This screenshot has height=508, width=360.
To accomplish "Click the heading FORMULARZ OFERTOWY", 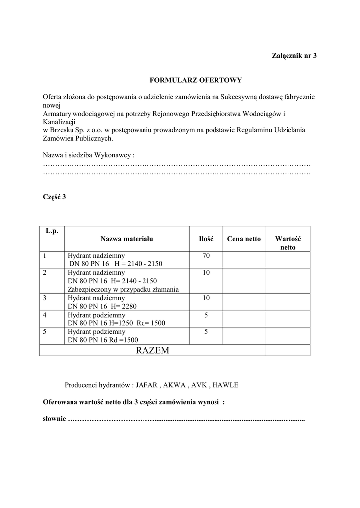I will click(x=196, y=79).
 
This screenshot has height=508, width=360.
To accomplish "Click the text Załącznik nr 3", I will click(x=293, y=55).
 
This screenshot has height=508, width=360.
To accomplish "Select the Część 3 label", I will click(x=54, y=197).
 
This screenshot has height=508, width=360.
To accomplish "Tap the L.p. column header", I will click(x=52, y=231).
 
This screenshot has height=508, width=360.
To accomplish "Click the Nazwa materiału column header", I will click(x=127, y=239).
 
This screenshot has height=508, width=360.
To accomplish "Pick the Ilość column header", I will click(x=206, y=239).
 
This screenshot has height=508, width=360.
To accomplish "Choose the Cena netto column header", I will click(x=243, y=239).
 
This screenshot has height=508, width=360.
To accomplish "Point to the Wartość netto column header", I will click(x=288, y=243).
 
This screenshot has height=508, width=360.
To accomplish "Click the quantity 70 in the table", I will click(x=206, y=256).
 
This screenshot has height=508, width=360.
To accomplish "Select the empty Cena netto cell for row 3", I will click(x=243, y=302).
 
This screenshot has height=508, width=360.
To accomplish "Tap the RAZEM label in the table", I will click(x=152, y=350).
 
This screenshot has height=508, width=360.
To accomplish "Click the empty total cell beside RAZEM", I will click(x=288, y=350).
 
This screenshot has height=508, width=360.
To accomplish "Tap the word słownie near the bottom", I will click(x=54, y=419).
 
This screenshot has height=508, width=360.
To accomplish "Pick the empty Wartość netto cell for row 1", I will click(x=288, y=259).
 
